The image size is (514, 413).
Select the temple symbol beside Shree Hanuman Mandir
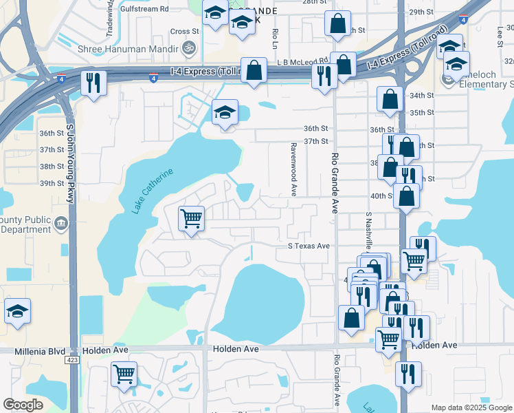(x=189, y=48)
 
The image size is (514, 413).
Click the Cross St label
(x=184, y=31)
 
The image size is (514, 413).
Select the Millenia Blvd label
(x=43, y=350)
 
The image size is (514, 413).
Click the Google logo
(x=23, y=405)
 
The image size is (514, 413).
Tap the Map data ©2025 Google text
(x=471, y=407)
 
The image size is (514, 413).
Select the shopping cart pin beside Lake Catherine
(x=191, y=220)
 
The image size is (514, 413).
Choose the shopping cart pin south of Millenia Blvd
(x=124, y=374)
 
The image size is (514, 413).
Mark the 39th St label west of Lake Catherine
(x=52, y=184)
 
